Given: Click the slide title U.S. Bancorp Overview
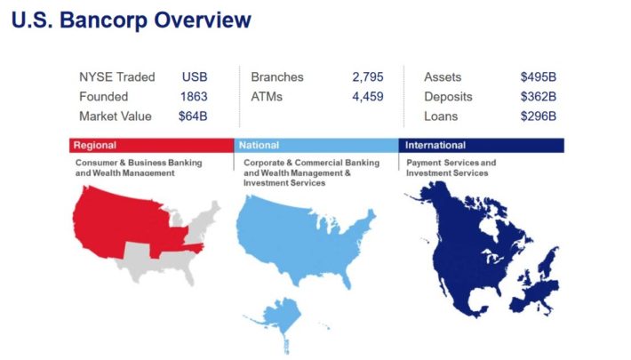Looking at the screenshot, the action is (x=132, y=20).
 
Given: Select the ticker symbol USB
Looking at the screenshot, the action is (x=195, y=77).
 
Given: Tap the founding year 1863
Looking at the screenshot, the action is (x=194, y=97).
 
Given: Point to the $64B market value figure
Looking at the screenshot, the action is (x=193, y=116).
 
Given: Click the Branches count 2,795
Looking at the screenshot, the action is (x=368, y=77).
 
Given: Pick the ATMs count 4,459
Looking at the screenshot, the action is (x=368, y=97).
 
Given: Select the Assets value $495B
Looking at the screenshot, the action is (x=538, y=77).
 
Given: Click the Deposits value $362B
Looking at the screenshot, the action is (x=538, y=97).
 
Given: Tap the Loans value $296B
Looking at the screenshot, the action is (x=538, y=116).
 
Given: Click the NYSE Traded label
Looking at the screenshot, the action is (x=116, y=77).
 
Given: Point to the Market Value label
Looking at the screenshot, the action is (x=116, y=116).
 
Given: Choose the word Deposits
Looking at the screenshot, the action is (x=448, y=97).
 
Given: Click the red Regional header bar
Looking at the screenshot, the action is (x=152, y=146).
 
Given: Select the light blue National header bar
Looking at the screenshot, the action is (x=316, y=146).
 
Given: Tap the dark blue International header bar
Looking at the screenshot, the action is (x=482, y=146).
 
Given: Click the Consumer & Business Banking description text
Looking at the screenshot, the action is (x=139, y=168).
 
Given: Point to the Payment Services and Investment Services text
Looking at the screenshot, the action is (x=451, y=168).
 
